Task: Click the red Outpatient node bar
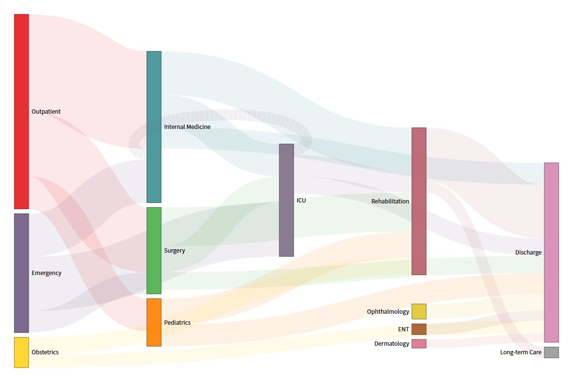21,111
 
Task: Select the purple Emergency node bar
21,273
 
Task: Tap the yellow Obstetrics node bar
21,352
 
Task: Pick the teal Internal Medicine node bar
154,127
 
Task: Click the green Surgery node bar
154,250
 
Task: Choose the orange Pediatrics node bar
154,322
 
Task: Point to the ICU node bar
286,200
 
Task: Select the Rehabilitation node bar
419,201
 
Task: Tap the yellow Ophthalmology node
419,311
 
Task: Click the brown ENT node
419,329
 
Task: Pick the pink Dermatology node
419,343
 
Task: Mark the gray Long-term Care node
552,352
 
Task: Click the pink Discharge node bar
552,252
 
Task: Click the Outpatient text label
46,112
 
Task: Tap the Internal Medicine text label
187,127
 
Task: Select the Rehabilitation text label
390,202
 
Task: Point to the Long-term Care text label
521,352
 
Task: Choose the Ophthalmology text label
388,312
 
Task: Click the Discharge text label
528,253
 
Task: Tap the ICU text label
301,201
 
